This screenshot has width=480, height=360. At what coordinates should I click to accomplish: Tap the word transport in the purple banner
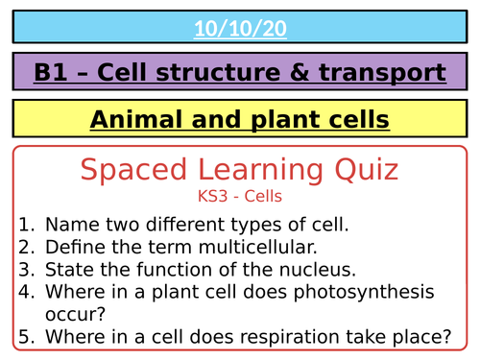pos(379,72)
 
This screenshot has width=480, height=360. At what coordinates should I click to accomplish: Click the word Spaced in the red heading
pos(126,172)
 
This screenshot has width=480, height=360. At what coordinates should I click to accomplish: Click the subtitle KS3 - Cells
pos(239,197)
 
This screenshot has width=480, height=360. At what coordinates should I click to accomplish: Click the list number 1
pos(26,226)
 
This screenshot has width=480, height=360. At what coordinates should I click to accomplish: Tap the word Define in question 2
pos(75,248)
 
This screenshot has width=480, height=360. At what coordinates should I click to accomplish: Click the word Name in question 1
pos(71,226)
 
